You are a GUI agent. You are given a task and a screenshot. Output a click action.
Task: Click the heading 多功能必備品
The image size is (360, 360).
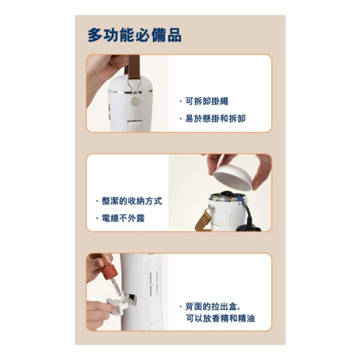pos(135,35)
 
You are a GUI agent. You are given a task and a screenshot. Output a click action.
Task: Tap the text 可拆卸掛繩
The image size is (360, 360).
pos(207,101)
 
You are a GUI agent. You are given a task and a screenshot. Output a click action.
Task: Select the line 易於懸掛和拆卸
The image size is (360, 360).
pos(216,118)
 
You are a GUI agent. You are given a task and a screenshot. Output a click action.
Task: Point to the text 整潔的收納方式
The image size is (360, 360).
pos(132,201)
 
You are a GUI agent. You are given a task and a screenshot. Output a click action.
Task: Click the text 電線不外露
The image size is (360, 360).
pos(123,218)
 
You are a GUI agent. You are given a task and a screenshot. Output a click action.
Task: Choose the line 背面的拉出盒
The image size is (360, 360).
pos(212,306)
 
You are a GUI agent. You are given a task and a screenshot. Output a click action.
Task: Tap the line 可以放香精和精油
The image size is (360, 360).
pos(220,319)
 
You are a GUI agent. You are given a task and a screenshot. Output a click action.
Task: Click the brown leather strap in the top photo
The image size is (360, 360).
pos(133,67)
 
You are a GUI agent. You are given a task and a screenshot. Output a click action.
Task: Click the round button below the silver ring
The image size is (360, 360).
pos(135,101)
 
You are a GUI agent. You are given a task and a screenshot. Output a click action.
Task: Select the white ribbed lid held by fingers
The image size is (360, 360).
pos(233,178)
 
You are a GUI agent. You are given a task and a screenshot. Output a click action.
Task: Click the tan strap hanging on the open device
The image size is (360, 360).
pos(204,219)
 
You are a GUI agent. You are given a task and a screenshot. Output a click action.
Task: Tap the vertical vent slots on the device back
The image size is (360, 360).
pos(154,283)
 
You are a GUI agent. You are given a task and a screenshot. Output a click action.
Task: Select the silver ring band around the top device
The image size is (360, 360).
pos(130,92)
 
